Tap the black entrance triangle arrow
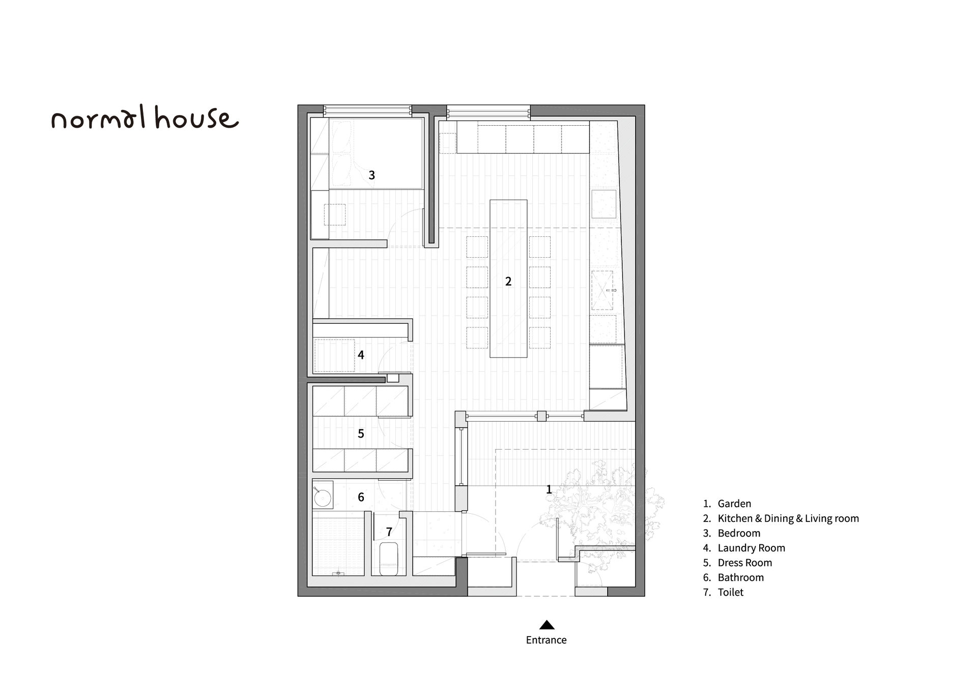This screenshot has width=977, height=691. pos(547,625)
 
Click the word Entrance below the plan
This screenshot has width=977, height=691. pos(546,640)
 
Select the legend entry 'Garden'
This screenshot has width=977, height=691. pos(734,504)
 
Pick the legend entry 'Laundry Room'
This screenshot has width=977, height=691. pos(751,548)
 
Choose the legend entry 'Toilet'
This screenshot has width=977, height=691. pos(730,592)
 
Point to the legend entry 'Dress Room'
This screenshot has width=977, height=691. pos(744,563)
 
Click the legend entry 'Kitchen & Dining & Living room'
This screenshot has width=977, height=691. pos(788,518)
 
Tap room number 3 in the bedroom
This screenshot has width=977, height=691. pos(371,175)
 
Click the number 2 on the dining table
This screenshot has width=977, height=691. pos(508,281)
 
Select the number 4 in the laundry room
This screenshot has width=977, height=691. pos(361,355)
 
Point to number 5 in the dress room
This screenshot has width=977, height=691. pos(361,433)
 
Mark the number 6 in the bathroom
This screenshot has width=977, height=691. pos(361,497)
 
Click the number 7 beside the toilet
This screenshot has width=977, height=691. pos(389,532)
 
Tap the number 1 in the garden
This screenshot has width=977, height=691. pos(549,489)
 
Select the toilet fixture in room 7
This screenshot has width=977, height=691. pos(389,559)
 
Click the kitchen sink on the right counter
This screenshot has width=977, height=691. pos(602,290)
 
